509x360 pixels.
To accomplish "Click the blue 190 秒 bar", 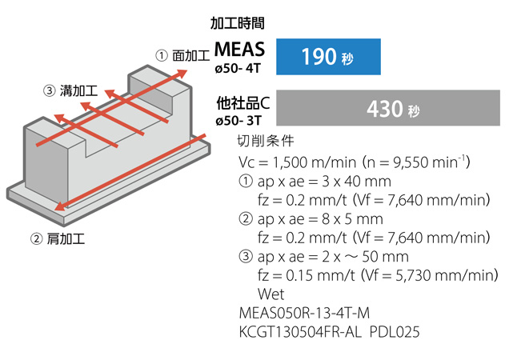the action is point(328,57).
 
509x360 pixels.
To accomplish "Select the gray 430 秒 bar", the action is point(388,108).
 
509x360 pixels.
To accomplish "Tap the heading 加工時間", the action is point(238,23).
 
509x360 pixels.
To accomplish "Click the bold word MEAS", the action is point(239,50).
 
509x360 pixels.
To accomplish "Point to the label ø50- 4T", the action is point(238,69).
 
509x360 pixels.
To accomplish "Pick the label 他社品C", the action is point(243,103).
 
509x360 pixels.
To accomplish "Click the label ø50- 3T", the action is point(238,121).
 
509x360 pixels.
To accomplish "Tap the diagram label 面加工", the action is point(190,55).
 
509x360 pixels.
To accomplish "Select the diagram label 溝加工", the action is point(78,90).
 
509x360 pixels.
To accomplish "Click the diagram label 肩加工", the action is point(66,239).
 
